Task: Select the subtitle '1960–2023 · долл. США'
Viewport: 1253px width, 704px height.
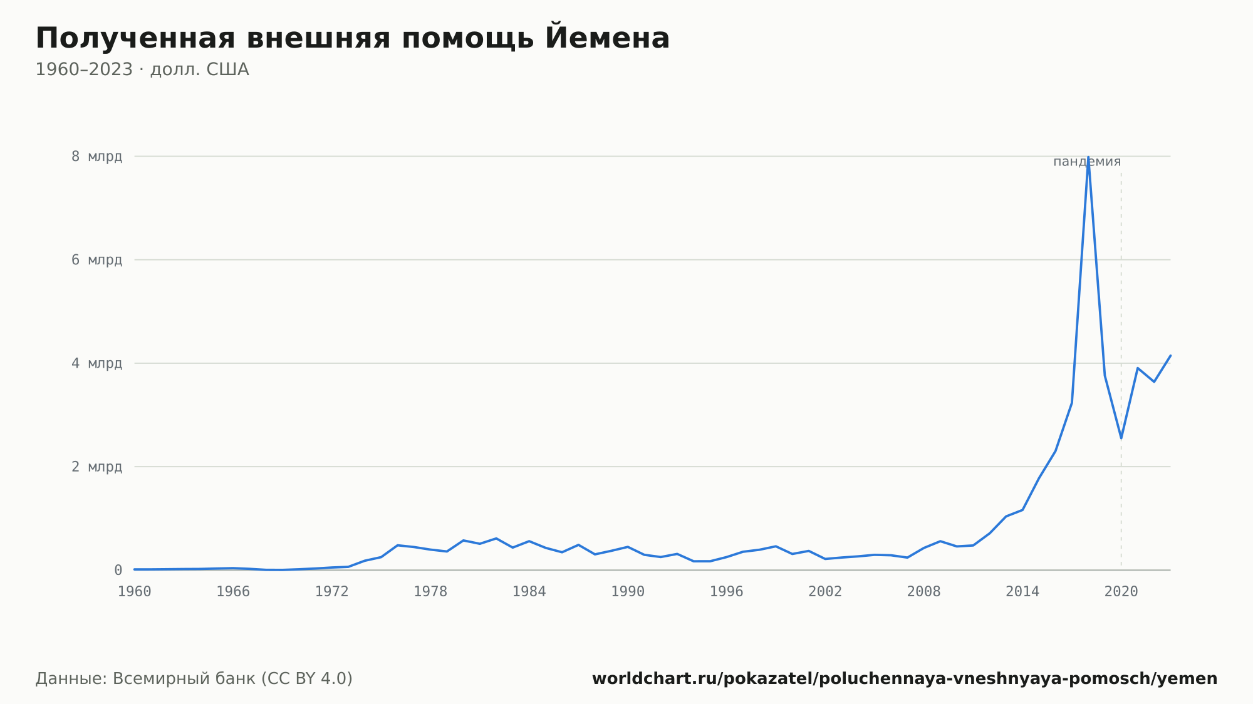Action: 142,70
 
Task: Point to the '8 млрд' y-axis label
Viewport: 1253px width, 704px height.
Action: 96,157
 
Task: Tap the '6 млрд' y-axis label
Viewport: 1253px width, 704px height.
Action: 96,260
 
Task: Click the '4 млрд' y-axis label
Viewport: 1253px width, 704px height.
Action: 96,363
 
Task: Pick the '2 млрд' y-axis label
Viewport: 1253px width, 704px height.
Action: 96,467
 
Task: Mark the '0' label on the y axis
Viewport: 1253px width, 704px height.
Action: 118,570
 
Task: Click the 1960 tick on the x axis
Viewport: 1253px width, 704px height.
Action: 135,592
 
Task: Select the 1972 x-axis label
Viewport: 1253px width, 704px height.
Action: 332,592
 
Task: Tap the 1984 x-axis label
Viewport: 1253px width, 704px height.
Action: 529,592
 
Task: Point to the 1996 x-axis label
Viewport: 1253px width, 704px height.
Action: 727,592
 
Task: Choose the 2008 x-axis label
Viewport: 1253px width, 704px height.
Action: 924,592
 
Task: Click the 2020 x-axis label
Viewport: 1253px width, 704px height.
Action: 1121,592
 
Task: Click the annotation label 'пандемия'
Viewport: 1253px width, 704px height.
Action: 1087,162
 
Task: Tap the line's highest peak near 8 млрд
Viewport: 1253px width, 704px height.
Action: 1088,157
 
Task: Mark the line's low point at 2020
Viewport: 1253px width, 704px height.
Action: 1121,438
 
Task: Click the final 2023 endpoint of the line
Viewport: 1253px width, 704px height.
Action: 1170,355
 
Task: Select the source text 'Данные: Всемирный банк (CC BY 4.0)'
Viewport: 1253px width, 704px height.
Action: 194,679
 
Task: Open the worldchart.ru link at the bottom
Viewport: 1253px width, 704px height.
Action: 905,679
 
